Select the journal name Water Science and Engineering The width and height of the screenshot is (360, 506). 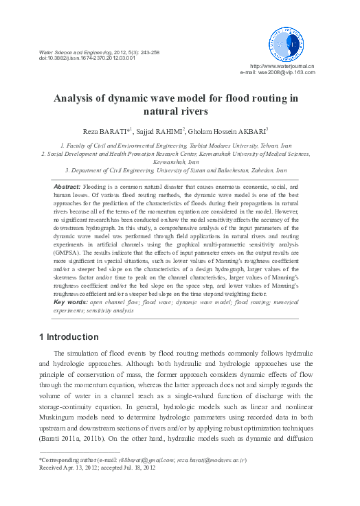67,51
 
